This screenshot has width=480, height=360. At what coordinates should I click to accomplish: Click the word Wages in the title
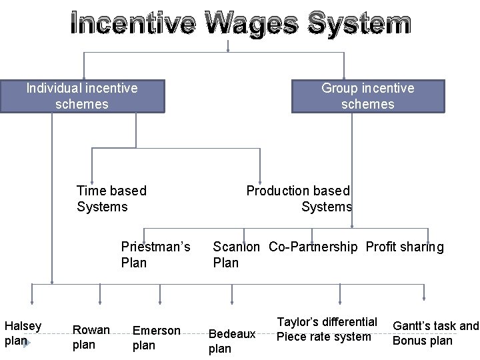click(x=251, y=24)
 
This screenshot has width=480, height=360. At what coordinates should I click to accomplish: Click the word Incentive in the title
click(x=133, y=24)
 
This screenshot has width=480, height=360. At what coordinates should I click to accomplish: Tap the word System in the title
click(x=359, y=24)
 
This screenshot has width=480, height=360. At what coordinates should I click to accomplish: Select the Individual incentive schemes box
click(x=82, y=96)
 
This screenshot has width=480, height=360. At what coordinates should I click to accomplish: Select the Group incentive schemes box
click(x=367, y=96)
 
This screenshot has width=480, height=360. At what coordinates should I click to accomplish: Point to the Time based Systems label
click(x=111, y=199)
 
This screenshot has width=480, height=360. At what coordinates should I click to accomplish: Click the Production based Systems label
click(x=299, y=199)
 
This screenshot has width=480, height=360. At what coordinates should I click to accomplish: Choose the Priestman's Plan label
click(x=155, y=255)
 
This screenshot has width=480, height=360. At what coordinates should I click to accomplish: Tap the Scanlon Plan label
click(x=236, y=255)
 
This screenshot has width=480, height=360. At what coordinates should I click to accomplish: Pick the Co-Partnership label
click(x=313, y=247)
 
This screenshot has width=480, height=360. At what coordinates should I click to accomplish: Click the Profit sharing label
click(x=404, y=247)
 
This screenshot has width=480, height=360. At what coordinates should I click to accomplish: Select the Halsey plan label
click(x=23, y=333)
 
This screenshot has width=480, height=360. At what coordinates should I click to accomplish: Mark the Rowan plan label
click(x=91, y=337)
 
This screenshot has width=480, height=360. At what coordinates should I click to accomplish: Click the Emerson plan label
click(x=156, y=337)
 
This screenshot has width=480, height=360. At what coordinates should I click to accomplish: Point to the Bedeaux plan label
click(x=232, y=341)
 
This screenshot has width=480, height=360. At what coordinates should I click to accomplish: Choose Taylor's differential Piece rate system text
click(x=327, y=329)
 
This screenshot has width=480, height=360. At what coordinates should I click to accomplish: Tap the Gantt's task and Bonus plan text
click(x=435, y=333)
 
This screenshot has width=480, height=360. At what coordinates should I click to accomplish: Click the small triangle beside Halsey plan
click(x=26, y=342)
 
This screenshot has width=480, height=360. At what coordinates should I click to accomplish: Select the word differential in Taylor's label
click(x=349, y=322)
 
